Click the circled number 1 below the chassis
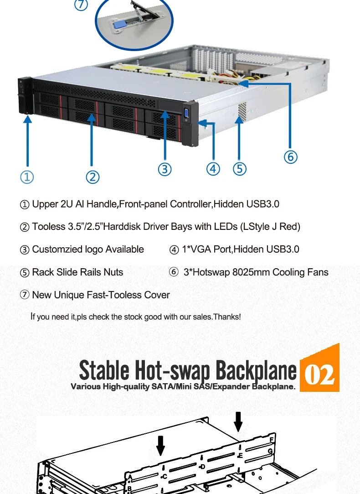click(x=27, y=177)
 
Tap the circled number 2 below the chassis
click(x=93, y=177)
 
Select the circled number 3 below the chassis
click(x=165, y=169)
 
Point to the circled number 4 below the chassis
click(x=213, y=169)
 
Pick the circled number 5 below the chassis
click(x=239, y=169)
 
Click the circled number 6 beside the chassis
click(x=290, y=157)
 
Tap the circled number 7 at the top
click(x=81, y=5)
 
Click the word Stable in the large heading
click(x=104, y=370)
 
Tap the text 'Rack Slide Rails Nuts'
click(x=77, y=272)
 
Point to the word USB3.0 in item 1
click(x=262, y=204)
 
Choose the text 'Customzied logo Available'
click(x=88, y=250)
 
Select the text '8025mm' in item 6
click(x=250, y=272)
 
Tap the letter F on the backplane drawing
click(x=272, y=440)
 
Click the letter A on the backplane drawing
click(x=130, y=478)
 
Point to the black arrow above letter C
click(x=160, y=445)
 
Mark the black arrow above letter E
click(x=238, y=421)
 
